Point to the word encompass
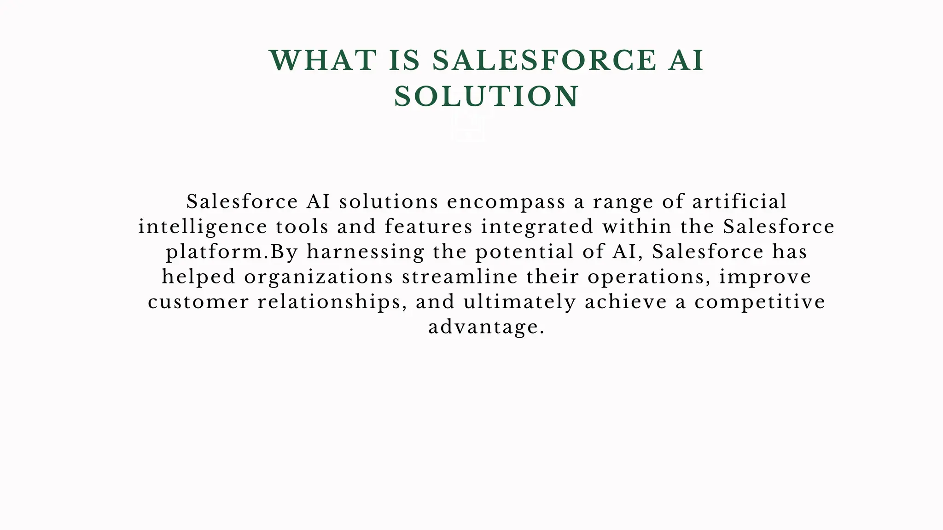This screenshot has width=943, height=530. [x=506, y=202]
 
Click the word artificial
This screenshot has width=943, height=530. [x=739, y=202]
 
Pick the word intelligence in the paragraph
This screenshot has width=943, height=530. [x=203, y=227]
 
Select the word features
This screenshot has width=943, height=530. [x=429, y=227]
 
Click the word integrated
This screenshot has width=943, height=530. [x=537, y=227]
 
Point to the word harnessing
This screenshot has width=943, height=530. [x=366, y=252]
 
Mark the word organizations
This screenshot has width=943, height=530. [x=319, y=277]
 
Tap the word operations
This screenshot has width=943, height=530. [x=648, y=277]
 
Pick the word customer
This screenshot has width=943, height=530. [x=198, y=302]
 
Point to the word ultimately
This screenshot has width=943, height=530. [x=520, y=302]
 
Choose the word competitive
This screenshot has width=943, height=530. [x=760, y=302]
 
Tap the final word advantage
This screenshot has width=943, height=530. [x=486, y=327]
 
